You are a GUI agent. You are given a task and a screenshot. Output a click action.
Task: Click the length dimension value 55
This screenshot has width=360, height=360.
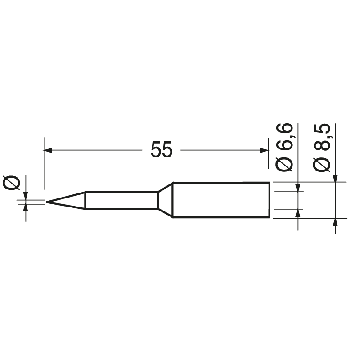tap(161, 150)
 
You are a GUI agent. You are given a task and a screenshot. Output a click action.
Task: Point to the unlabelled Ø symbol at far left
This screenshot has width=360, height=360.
tap(12, 183)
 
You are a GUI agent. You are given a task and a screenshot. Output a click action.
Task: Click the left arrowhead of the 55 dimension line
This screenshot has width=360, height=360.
tap(48, 150)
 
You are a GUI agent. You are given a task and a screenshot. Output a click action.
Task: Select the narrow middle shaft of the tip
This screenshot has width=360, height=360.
tap(121, 201)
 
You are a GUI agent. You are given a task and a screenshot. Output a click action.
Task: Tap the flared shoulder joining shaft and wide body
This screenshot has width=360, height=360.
tap(165, 200)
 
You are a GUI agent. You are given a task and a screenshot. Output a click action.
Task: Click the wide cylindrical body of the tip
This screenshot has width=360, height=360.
tap(220, 200)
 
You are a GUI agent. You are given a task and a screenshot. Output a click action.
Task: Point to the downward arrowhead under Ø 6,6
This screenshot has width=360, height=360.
tap(297, 187)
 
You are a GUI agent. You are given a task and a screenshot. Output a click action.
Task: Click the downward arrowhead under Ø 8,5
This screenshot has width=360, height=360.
tap(335, 179)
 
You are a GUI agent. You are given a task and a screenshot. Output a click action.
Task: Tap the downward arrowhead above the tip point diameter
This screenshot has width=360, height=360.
tap(26, 196)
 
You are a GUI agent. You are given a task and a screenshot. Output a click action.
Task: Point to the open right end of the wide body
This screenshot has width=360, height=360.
tap(270, 200)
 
